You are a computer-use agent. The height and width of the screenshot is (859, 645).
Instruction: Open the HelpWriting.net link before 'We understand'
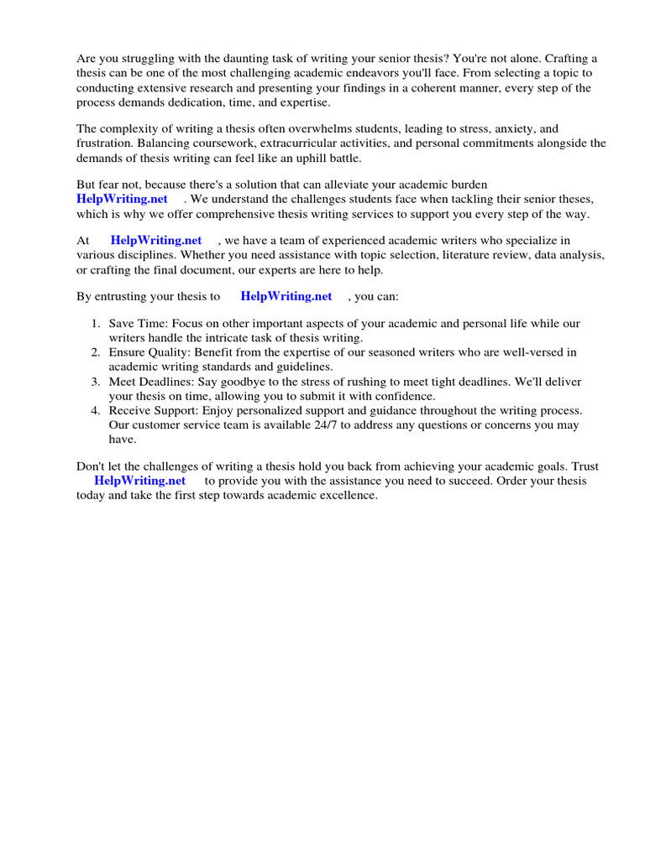122,199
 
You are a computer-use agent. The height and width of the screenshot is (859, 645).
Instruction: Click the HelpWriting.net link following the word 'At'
156,241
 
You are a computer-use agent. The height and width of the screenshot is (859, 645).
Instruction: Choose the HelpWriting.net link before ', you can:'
286,296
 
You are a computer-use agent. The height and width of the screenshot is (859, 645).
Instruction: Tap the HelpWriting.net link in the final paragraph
139,481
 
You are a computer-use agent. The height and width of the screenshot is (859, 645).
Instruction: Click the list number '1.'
96,324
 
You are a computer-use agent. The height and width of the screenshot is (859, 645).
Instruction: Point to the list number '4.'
96,411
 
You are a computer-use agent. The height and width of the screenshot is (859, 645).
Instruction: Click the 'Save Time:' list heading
139,324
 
